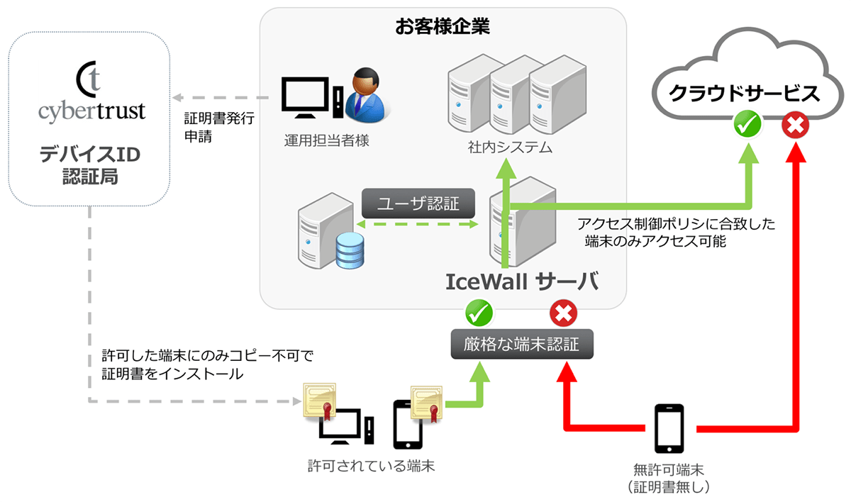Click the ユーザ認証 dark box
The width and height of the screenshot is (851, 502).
tap(417, 204)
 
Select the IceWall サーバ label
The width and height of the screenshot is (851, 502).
tap(522, 281)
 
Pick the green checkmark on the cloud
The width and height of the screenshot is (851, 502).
tap(747, 126)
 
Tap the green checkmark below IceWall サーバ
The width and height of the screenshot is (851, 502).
tap(479, 313)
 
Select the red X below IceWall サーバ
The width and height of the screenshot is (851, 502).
tap(564, 313)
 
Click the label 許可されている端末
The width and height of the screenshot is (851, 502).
tap(371, 467)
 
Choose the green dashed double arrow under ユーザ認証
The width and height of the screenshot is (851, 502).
tap(417, 224)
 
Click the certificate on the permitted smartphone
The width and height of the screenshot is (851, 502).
tap(427, 403)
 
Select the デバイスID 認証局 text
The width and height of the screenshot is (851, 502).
tap(89, 165)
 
